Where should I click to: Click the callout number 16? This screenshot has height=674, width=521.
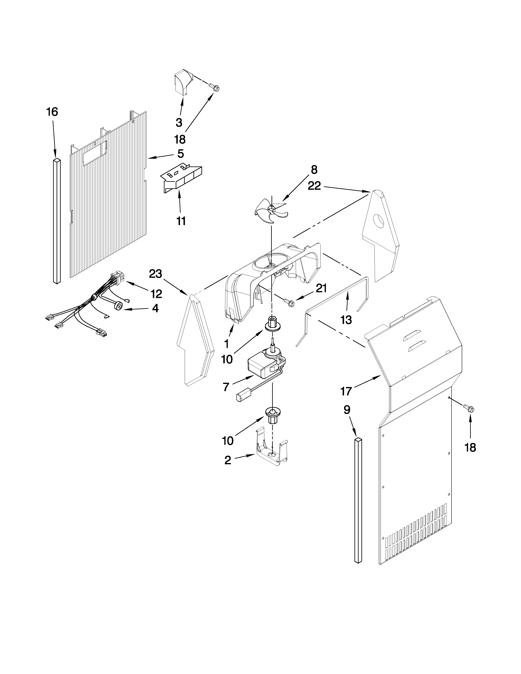[52, 112]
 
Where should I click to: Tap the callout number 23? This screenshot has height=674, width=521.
[155, 274]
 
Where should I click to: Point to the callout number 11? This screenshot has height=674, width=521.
[181, 221]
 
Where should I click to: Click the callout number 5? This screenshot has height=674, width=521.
[181, 153]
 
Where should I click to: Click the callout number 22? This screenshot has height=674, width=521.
[314, 186]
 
